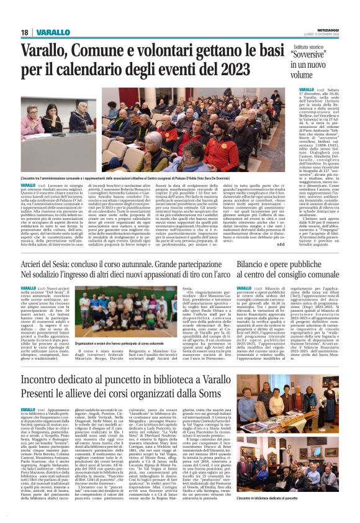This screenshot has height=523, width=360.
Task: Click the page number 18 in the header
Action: (25, 32)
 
